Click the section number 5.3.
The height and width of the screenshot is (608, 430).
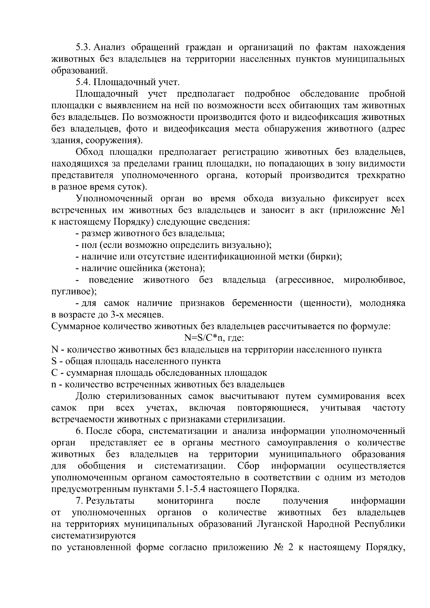pyautogui.click(x=84, y=47)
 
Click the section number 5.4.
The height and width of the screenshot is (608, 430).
pyautogui.click(x=84, y=82)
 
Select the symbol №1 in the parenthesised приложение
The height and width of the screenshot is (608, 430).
pyautogui.click(x=398, y=210)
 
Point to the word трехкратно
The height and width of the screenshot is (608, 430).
pyautogui.click(x=381, y=176)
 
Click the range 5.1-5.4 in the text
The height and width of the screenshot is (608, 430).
pyautogui.click(x=192, y=489)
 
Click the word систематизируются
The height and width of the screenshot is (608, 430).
pyautogui.click(x=94, y=536)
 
